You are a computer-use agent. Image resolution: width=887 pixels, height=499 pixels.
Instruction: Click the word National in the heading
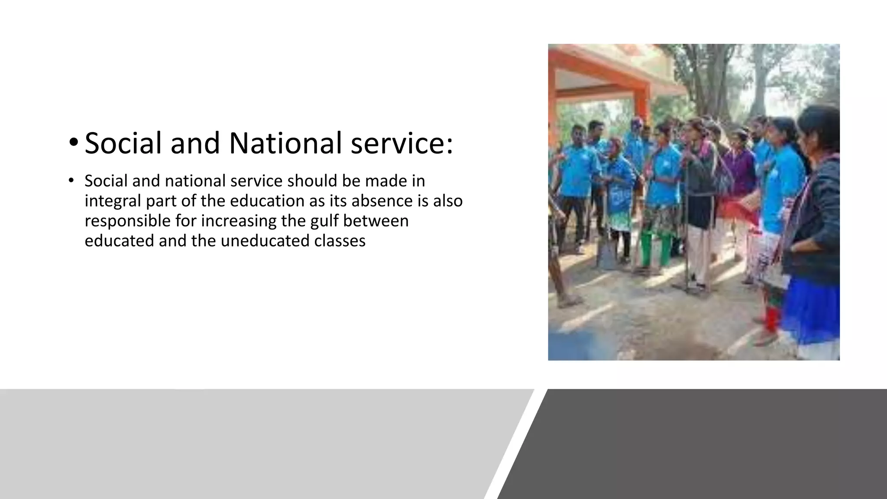286,143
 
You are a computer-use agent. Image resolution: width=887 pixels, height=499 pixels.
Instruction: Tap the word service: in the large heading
402,143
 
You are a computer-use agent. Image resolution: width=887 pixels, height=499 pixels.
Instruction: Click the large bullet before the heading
73,142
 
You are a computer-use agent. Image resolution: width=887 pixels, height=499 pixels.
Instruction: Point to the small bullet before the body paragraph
71,181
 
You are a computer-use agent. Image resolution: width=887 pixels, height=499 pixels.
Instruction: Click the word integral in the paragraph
112,201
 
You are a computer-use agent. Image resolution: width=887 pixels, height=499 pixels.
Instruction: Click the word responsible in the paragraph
127,221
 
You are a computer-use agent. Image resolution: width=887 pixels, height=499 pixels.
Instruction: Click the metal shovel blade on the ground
606,256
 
